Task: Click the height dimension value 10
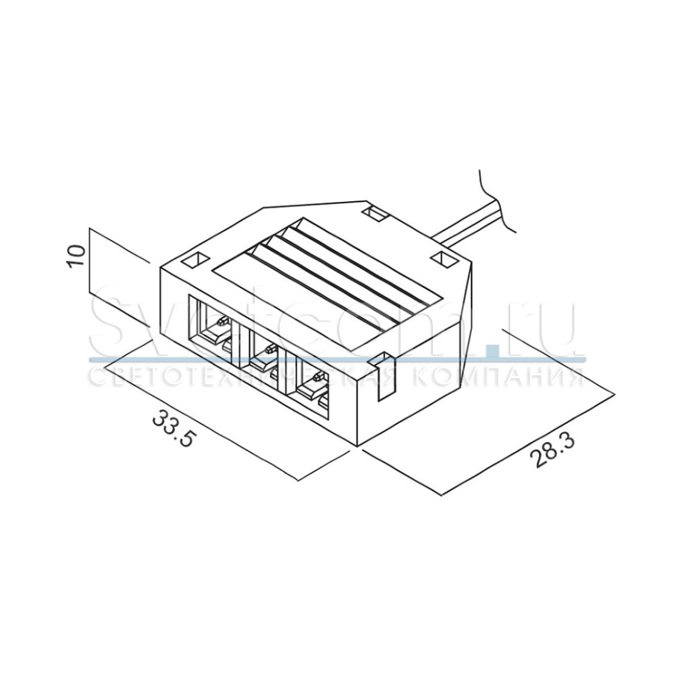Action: click(76, 258)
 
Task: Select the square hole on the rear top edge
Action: click(374, 215)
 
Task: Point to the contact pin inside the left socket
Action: click(221, 323)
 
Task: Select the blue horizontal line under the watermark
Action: click(336, 360)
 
